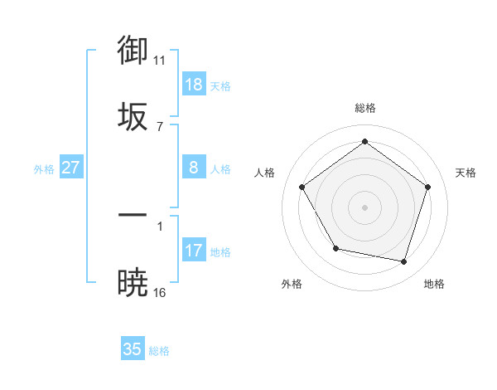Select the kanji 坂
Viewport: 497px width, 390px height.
coord(133,116)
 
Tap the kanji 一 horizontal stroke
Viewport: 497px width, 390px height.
coord(133,215)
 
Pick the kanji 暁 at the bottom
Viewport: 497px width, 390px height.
coord(133,282)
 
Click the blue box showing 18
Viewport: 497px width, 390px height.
coord(194,85)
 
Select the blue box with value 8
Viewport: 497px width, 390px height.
coord(194,168)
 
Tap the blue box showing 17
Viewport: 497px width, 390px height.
coord(194,251)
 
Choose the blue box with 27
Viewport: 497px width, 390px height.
coord(71,168)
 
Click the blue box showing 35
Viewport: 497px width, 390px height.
coord(133,349)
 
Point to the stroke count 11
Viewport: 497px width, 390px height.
coord(160,61)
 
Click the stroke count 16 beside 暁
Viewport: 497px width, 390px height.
coord(160,292)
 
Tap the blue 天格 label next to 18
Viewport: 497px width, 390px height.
coord(220,86)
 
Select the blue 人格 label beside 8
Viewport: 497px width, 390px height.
coord(220,169)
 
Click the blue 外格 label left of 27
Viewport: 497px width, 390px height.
coord(44,169)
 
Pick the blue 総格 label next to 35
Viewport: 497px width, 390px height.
coord(159,351)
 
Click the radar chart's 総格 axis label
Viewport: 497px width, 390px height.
coord(365,108)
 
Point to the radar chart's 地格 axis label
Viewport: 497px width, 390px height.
coord(434,284)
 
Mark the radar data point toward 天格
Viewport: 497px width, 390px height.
coord(428,187)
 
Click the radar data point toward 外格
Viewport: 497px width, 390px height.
coord(335,249)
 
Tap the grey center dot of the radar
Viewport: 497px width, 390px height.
coord(365,207)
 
